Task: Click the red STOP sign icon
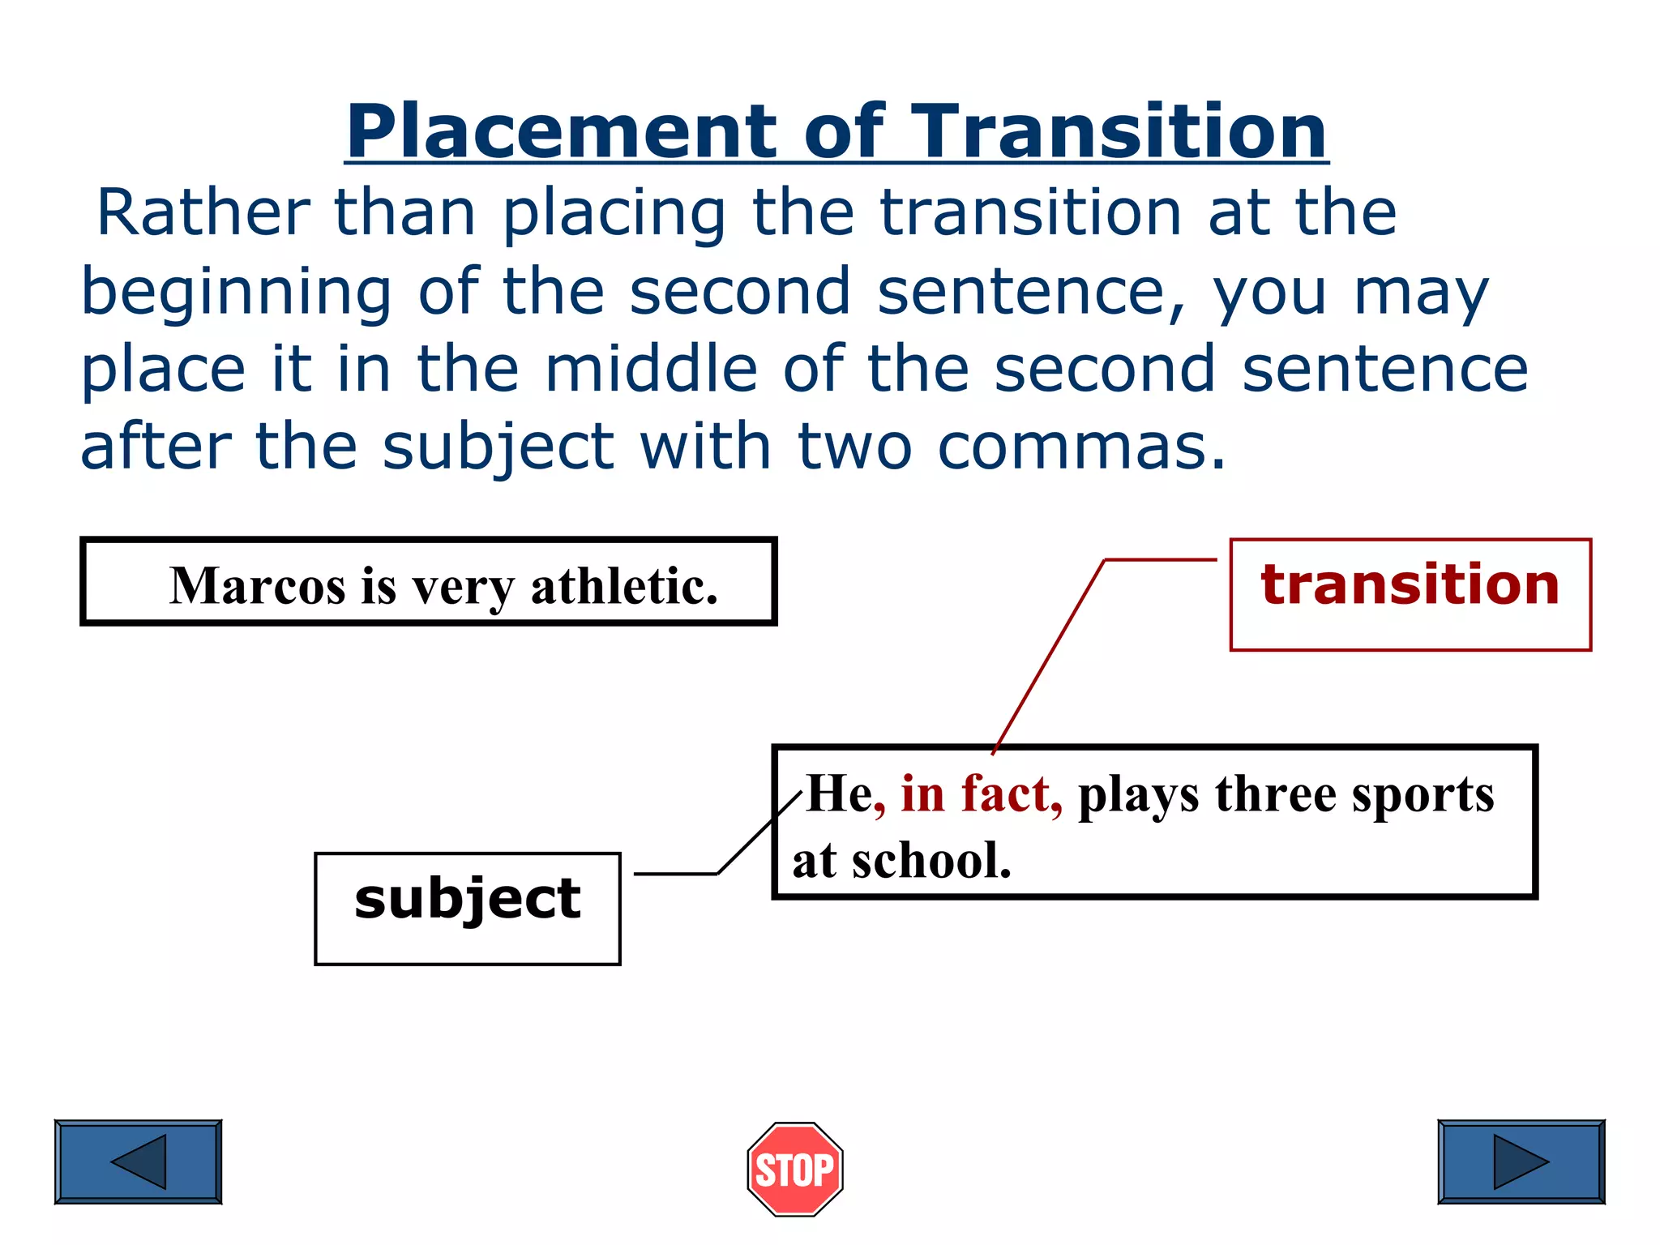[794, 1169]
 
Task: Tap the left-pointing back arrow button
[138, 1162]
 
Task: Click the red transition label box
[1410, 593]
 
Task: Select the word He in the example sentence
[839, 794]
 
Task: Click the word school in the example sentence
[931, 861]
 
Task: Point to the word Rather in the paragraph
[203, 212]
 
